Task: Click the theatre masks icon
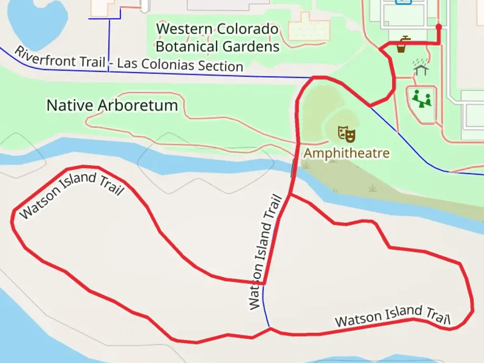click(x=347, y=134)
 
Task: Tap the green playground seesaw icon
click(x=421, y=98)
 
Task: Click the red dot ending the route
click(x=439, y=27)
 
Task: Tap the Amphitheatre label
click(x=347, y=153)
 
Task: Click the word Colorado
click(x=247, y=29)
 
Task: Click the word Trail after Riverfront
click(x=93, y=62)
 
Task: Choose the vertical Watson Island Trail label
click(x=265, y=252)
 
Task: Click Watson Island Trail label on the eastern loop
click(x=392, y=316)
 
